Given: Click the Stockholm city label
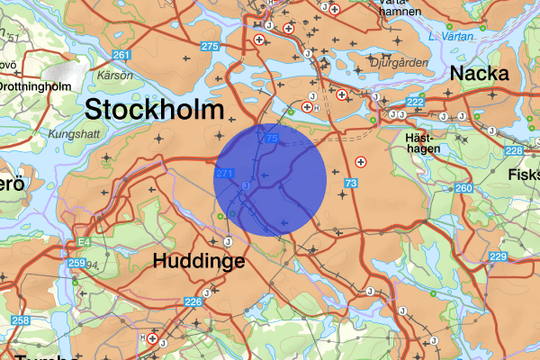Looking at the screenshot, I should [153, 111].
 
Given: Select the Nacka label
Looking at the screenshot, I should [480, 74].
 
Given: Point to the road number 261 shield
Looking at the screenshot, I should [121, 56].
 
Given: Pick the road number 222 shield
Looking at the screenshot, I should [415, 103].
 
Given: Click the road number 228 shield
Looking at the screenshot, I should [513, 150].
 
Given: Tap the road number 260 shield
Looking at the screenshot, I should [463, 188].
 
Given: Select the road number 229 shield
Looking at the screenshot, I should [498, 257].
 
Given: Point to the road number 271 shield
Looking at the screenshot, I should [226, 173].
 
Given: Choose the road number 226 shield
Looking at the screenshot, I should [193, 301].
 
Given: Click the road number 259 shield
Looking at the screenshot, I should [76, 263].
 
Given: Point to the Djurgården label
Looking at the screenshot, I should [395, 63].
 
